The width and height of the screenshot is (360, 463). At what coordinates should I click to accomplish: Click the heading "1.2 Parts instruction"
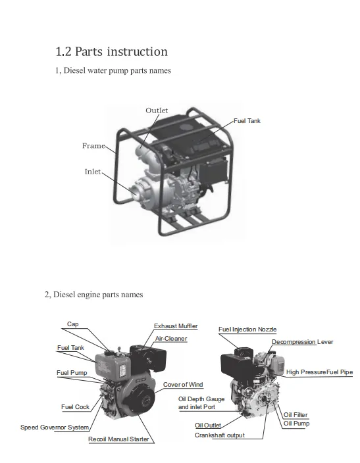tap(111, 52)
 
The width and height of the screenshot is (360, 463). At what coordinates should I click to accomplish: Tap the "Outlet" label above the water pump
tap(157, 110)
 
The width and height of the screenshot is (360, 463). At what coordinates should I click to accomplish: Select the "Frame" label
tap(93, 145)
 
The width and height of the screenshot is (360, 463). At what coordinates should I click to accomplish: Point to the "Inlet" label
tap(93, 172)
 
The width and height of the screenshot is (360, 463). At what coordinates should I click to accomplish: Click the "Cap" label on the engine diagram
tap(72, 324)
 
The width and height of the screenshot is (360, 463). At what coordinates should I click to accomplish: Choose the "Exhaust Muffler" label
tap(176, 326)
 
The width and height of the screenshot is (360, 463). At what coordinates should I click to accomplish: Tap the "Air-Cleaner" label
tap(171, 339)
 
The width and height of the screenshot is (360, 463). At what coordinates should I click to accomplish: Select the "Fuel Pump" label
tap(72, 373)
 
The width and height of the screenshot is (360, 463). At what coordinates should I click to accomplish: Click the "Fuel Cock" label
tap(75, 407)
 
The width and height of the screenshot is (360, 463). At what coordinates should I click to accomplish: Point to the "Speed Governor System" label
tap(55, 427)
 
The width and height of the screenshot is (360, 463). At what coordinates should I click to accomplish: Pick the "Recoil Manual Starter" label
tap(118, 439)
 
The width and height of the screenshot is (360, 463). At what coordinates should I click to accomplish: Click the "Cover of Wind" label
tap(183, 385)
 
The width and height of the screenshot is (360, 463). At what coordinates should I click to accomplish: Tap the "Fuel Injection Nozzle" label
tap(247, 329)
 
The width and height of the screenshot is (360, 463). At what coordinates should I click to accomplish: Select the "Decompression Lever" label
tap(302, 342)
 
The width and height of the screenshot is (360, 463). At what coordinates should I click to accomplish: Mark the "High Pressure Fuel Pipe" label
tap(319, 372)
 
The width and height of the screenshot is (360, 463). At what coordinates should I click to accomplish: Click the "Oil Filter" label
tap(296, 414)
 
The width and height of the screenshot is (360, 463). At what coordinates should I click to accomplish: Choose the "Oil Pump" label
tap(296, 424)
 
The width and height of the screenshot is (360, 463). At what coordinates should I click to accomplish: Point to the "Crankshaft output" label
tap(220, 435)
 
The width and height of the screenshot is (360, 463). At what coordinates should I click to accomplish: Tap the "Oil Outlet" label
tap(208, 426)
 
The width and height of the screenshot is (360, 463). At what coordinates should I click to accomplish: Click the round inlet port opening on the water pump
tap(135, 192)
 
